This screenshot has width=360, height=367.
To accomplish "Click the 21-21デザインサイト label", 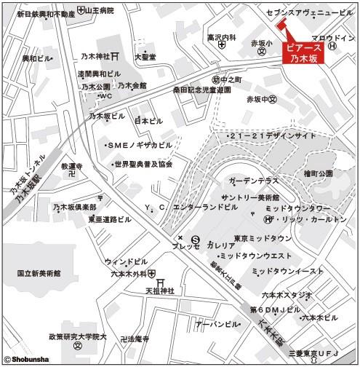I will click(x=271, y=136).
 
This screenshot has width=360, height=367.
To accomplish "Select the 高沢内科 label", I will click(x=222, y=37).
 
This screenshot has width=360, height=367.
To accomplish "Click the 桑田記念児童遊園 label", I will click(x=201, y=89).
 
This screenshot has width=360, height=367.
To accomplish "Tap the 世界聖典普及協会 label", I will click(x=140, y=164).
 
